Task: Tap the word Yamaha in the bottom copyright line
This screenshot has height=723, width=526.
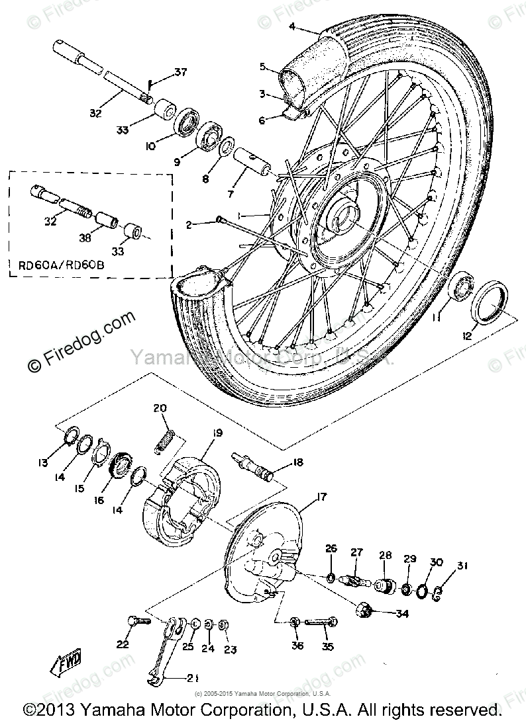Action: coord(111,710)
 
